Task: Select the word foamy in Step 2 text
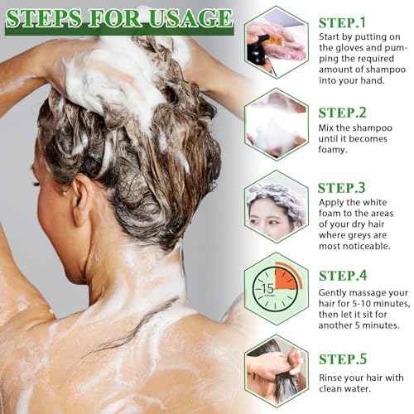point(338,150)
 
